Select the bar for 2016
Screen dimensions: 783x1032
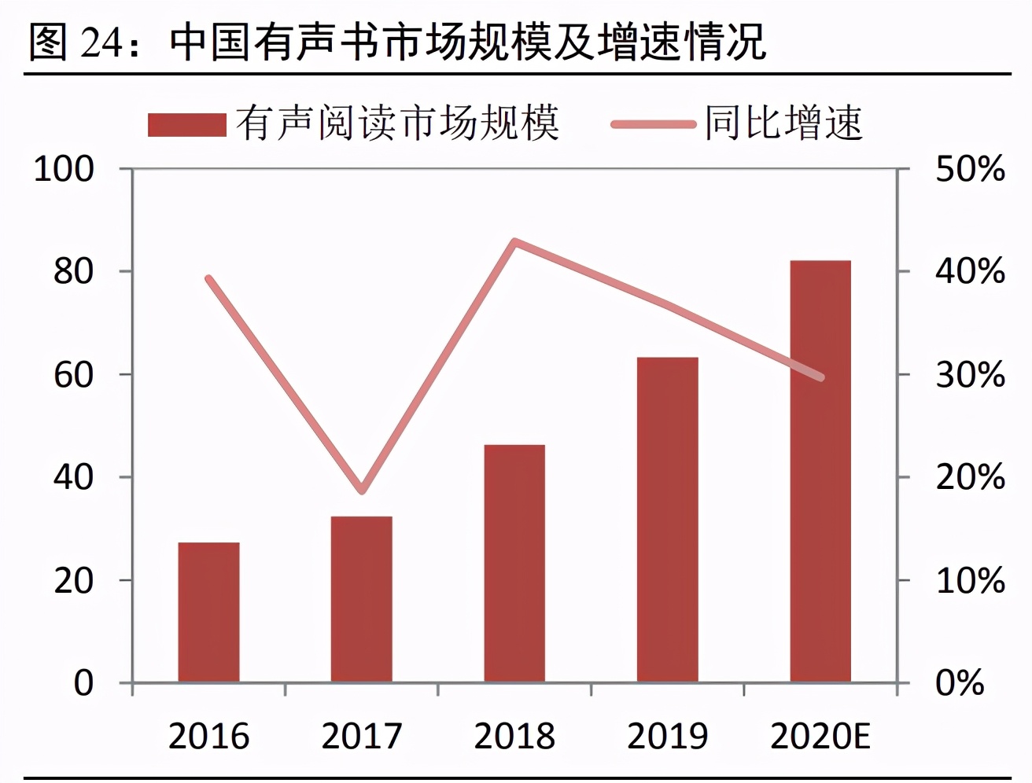point(208,612)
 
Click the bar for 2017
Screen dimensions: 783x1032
point(361,598)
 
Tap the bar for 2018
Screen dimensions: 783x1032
point(514,563)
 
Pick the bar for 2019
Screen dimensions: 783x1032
point(667,519)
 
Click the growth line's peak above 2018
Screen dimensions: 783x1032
point(514,241)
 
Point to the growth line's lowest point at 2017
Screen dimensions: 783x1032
point(362,491)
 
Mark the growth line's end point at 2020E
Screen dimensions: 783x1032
point(821,377)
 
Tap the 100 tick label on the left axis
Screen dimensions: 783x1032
point(64,169)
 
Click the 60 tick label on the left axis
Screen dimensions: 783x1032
point(73,375)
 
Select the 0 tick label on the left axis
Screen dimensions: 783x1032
point(83,683)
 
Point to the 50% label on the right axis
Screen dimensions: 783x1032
point(970,169)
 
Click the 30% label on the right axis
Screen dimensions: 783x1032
point(970,375)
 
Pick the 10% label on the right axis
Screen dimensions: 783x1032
point(970,581)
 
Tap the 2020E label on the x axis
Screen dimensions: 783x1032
point(820,737)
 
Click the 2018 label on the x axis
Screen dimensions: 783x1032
point(514,737)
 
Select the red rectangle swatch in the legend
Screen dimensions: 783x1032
point(187,125)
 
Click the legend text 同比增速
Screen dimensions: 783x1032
point(783,123)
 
